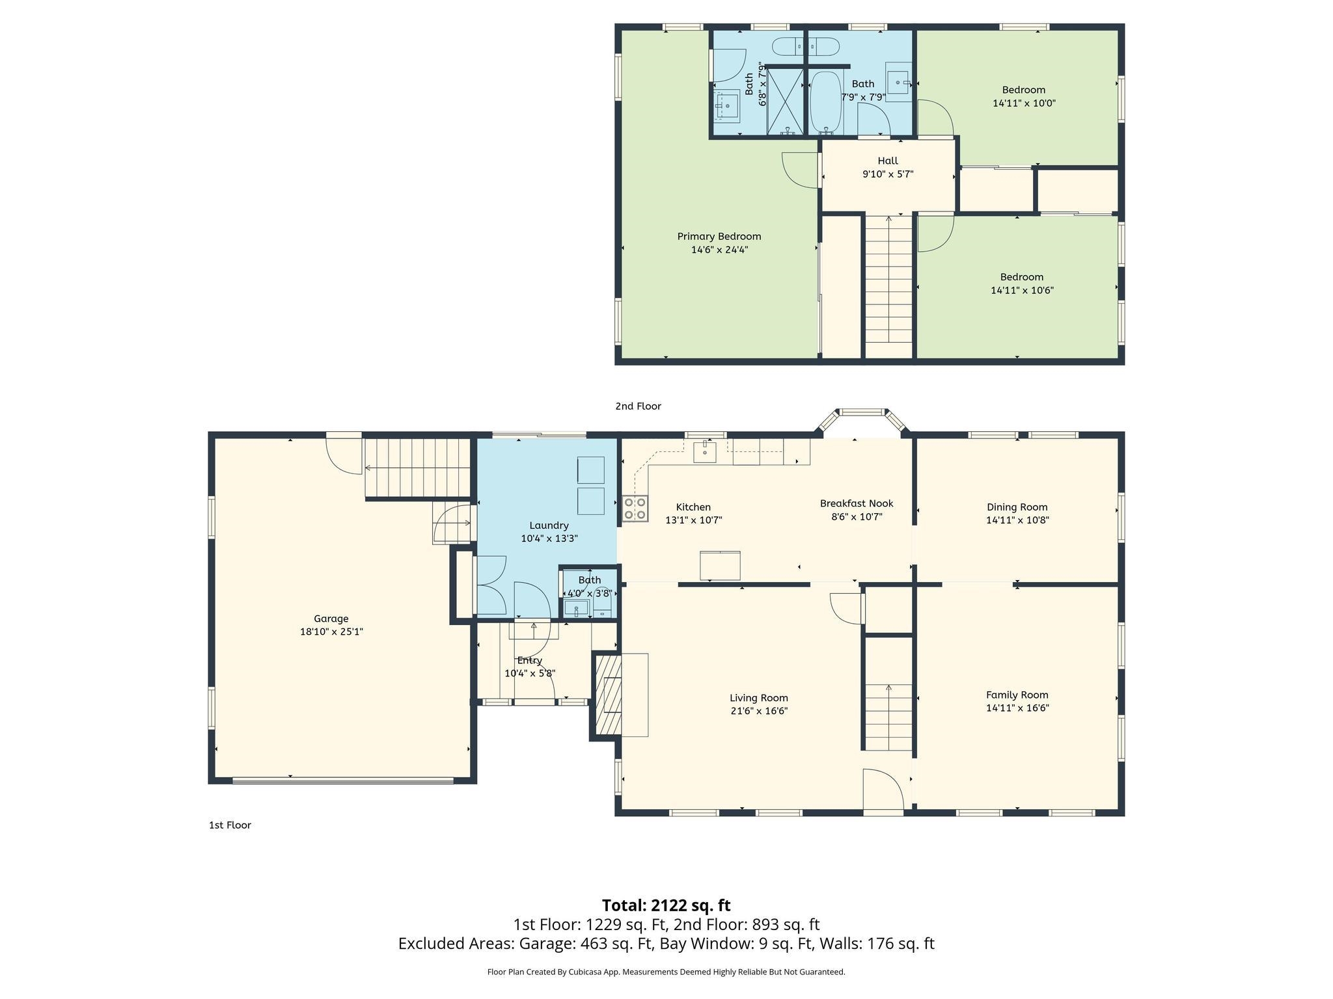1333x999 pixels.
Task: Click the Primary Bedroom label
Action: point(719,237)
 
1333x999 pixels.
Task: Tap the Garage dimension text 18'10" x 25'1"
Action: point(331,632)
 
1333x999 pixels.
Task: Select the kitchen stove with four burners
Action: point(635,509)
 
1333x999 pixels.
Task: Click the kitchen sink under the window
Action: point(704,450)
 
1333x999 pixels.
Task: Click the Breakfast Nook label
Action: point(856,503)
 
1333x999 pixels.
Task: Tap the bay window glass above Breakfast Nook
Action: point(861,412)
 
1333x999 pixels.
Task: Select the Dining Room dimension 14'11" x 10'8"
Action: point(1017,520)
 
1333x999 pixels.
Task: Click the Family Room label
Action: point(1017,695)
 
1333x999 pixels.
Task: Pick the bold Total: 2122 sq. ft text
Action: point(666,905)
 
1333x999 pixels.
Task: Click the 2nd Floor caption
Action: point(638,406)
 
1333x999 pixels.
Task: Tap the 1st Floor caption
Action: point(230,825)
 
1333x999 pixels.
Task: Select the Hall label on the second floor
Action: point(887,161)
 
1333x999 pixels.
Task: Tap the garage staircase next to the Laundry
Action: point(417,468)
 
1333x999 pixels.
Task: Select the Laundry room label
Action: point(549,526)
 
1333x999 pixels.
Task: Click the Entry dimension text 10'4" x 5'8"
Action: point(530,674)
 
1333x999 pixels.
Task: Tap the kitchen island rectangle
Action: point(720,565)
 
